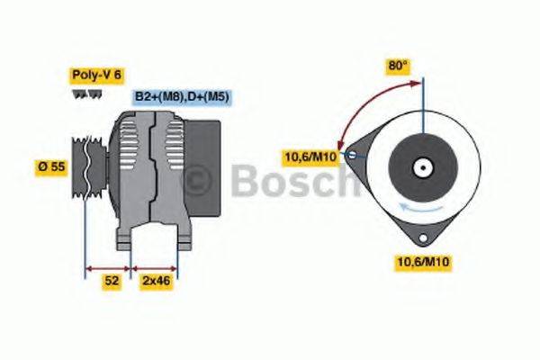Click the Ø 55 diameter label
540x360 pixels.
tap(52, 167)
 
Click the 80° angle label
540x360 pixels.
tap(398, 66)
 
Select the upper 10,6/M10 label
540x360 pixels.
tap(310, 157)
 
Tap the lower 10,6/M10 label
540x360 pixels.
tap(423, 262)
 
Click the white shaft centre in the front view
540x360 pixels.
tap(420, 167)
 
